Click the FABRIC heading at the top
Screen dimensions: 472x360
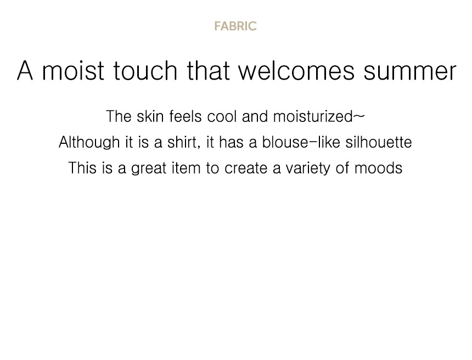[x=235, y=26]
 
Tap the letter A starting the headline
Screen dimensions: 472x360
[x=25, y=70]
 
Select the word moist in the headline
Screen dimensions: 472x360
[x=73, y=70]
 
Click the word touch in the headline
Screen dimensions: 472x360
[x=145, y=70]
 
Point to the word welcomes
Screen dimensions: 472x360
[x=296, y=70]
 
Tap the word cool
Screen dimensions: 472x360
[x=222, y=116]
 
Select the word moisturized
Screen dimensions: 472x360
[x=313, y=116]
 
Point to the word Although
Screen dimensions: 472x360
[x=89, y=142]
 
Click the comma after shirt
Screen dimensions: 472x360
[x=199, y=148]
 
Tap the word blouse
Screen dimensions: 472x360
[x=285, y=142]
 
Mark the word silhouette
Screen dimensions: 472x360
[x=379, y=142]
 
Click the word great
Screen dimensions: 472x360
[x=149, y=168]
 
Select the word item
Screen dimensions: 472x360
[x=186, y=168]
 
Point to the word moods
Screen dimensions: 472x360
[x=378, y=168]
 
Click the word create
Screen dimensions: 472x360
[x=246, y=168]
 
